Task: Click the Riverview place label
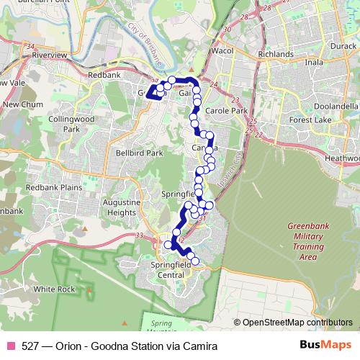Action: click(49, 54)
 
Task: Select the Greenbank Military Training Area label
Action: click(307, 240)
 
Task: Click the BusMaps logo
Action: click(330, 346)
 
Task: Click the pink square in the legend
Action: click(10, 346)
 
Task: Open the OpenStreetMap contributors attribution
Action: click(297, 322)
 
